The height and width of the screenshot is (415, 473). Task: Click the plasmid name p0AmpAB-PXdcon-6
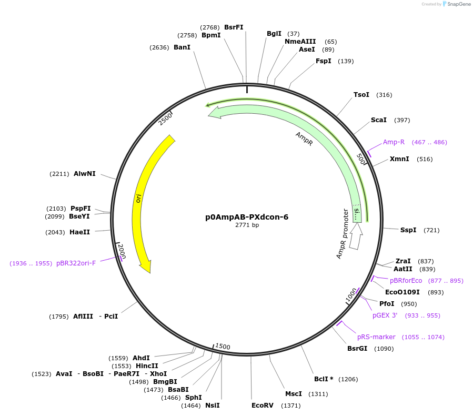pyautogui.click(x=247, y=216)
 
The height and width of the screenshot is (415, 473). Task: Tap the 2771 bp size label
pyautogui.click(x=247, y=225)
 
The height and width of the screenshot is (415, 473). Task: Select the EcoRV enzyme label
pyautogui.click(x=263, y=406)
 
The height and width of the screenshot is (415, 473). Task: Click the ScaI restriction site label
pyautogui.click(x=379, y=120)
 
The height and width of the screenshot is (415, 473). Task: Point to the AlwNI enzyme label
pyautogui.click(x=85, y=174)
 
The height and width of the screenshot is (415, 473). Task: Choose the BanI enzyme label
pyautogui.click(x=182, y=47)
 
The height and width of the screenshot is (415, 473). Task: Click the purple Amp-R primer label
pyautogui.click(x=394, y=142)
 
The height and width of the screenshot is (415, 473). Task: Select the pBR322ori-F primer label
pyautogui.click(x=76, y=263)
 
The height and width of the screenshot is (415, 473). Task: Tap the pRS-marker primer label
pyautogui.click(x=376, y=337)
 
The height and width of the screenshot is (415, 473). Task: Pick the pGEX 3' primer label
pyautogui.click(x=385, y=315)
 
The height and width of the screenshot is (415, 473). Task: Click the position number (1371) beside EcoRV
pyautogui.click(x=290, y=406)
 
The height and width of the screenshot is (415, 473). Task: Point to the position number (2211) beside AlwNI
pyautogui.click(x=59, y=174)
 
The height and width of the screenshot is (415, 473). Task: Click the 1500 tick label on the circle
pyautogui.click(x=223, y=346)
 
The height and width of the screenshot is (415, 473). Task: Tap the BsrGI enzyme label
pyautogui.click(x=357, y=349)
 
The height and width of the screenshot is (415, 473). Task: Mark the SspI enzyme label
pyautogui.click(x=408, y=230)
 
